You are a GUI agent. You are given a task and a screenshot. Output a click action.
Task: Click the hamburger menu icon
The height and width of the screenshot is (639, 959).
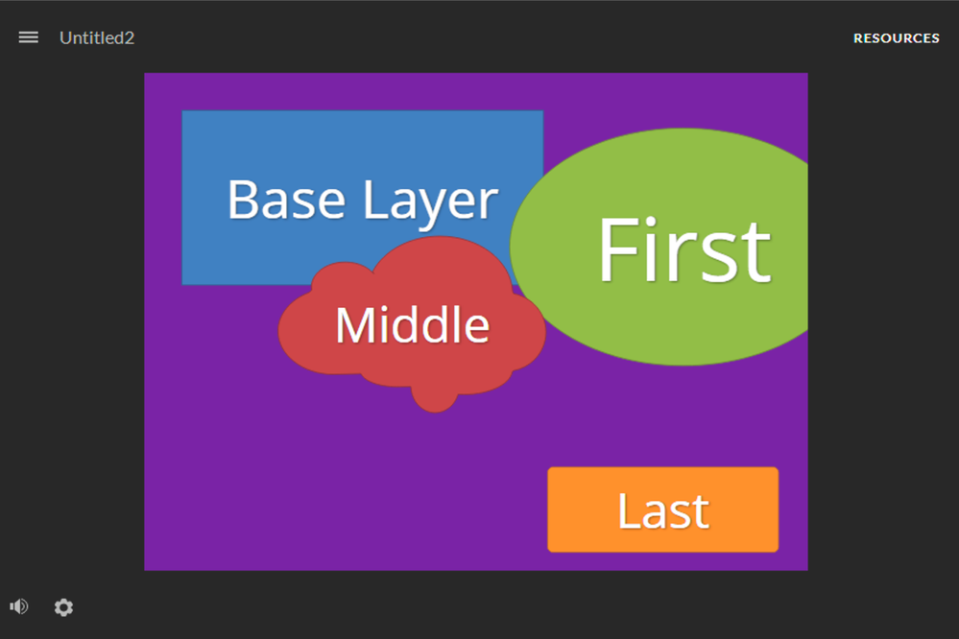click(28, 38)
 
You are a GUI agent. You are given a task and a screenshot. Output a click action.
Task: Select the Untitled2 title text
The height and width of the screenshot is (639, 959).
click(97, 38)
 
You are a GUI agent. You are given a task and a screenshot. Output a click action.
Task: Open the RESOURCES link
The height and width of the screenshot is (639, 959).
click(896, 38)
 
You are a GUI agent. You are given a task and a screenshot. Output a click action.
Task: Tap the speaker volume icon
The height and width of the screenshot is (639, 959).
click(19, 606)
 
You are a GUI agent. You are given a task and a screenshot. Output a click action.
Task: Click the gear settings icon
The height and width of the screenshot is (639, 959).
click(63, 607)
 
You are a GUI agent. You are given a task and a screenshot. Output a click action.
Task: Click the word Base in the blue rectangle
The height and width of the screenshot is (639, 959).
click(286, 200)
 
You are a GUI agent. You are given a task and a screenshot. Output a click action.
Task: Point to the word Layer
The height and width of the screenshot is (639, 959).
click(431, 201)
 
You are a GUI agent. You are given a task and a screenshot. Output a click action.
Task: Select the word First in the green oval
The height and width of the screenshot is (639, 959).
click(683, 249)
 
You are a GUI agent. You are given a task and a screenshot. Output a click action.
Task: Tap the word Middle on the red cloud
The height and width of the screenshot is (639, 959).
click(412, 324)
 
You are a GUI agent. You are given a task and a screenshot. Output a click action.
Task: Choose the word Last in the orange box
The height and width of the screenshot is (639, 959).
click(663, 510)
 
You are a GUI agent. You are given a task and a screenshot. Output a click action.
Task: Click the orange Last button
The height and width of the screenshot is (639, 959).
click(663, 509)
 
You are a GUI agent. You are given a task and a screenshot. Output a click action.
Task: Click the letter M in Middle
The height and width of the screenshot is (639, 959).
click(354, 324)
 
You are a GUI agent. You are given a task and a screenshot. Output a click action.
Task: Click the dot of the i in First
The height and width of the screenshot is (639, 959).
click(650, 222)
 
